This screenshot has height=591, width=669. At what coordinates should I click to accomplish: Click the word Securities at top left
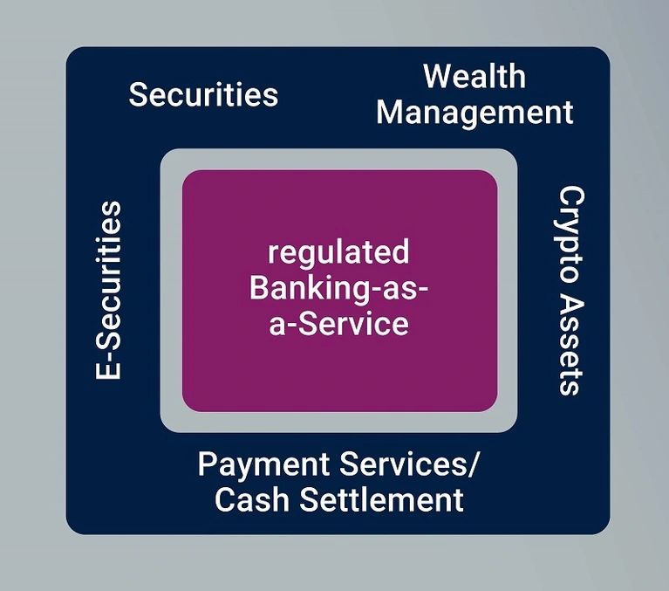click(203, 94)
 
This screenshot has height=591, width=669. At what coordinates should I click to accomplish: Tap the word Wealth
click(474, 76)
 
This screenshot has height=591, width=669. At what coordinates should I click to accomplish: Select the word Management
click(474, 113)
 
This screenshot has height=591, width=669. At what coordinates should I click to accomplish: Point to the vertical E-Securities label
click(108, 290)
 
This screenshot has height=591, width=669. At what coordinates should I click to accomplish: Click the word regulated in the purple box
click(338, 253)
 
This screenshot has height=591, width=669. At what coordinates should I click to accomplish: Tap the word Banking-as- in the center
click(338, 288)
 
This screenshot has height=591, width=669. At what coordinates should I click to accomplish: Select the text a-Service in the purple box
click(338, 324)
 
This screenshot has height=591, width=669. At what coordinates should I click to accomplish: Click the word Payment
click(263, 465)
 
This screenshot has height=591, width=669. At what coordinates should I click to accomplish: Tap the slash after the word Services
click(473, 464)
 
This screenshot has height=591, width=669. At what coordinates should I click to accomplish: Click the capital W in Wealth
click(439, 77)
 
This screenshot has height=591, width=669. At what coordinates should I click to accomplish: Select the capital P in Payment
click(207, 464)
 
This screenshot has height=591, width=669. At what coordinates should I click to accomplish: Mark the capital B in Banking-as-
click(259, 287)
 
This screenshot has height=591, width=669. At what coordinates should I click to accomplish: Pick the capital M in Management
click(392, 113)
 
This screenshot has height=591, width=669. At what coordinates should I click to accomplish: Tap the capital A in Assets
click(570, 309)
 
